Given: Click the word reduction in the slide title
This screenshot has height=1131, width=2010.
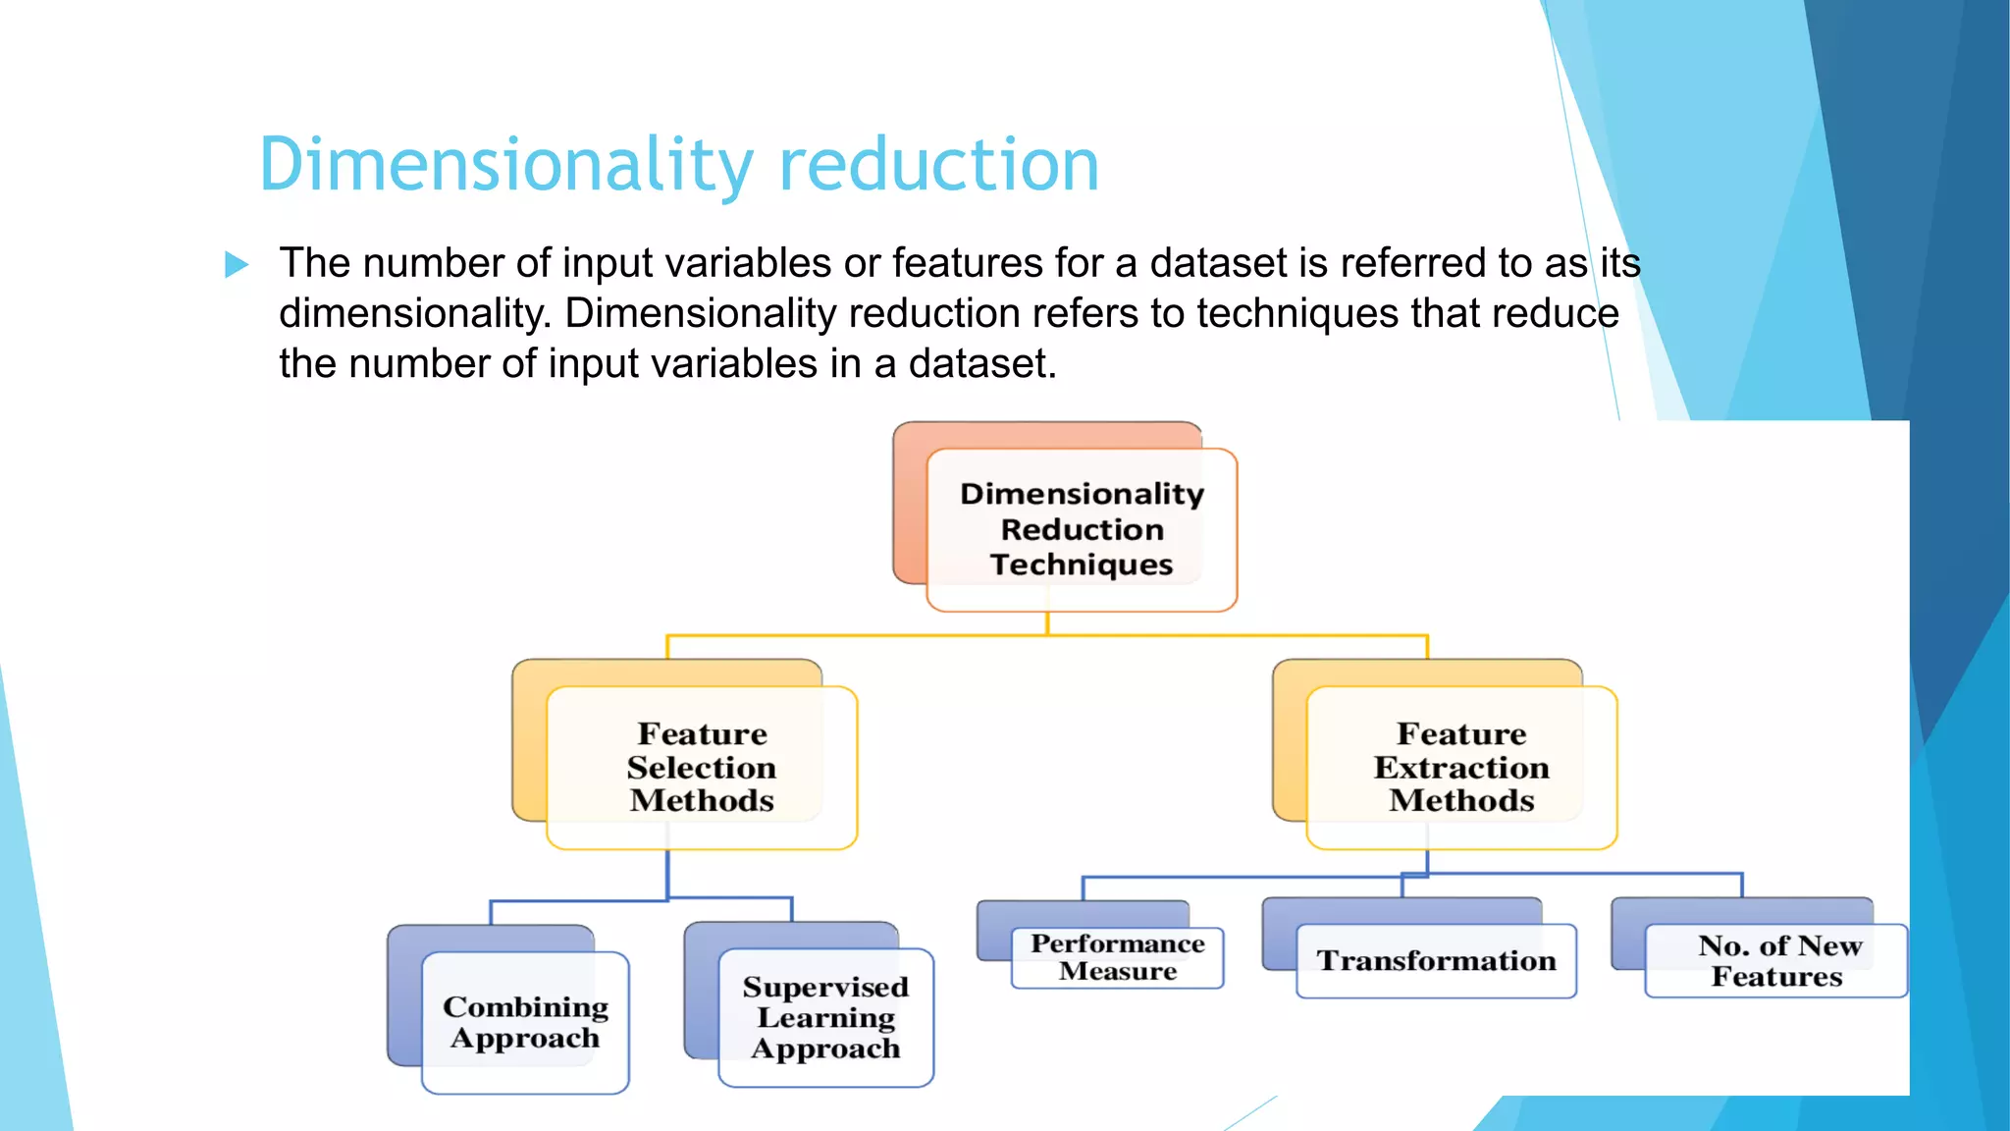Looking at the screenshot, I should click(938, 165).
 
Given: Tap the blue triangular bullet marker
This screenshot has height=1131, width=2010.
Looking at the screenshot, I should click(236, 264).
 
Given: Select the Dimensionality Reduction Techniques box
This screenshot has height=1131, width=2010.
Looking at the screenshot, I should click(1081, 529).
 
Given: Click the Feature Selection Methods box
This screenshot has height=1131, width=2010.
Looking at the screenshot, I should click(701, 767).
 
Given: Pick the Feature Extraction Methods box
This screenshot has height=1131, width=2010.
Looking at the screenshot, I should click(1460, 767).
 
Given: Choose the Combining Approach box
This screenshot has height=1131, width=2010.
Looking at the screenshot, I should click(525, 1022).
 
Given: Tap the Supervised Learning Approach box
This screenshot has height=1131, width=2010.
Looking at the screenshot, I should click(824, 1017).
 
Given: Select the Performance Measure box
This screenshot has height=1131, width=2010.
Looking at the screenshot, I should click(1117, 957).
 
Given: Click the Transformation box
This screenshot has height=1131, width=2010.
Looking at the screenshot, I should click(1435, 960).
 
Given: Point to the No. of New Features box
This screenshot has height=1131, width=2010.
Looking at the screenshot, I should click(1775, 960).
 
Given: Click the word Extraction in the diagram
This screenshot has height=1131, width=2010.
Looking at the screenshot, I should click(1460, 768).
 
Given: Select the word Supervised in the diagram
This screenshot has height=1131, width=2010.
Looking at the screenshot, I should click(824, 987).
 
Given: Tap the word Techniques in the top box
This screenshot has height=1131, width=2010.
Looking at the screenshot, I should click(1081, 565).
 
